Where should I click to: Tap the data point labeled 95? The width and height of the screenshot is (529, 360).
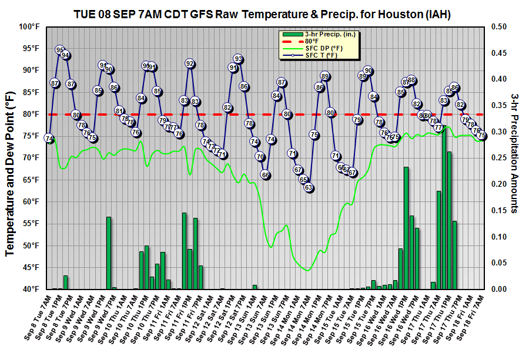60,50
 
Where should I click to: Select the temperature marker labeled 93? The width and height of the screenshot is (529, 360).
238,59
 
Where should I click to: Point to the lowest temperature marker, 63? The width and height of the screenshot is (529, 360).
309,188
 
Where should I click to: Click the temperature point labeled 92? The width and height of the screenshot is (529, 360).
190,63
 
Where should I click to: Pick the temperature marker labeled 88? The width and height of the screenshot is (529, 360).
411,80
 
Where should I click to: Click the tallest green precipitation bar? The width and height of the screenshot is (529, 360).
444,208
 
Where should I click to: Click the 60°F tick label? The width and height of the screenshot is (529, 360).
29,201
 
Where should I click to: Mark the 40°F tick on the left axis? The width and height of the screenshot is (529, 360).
29,289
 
